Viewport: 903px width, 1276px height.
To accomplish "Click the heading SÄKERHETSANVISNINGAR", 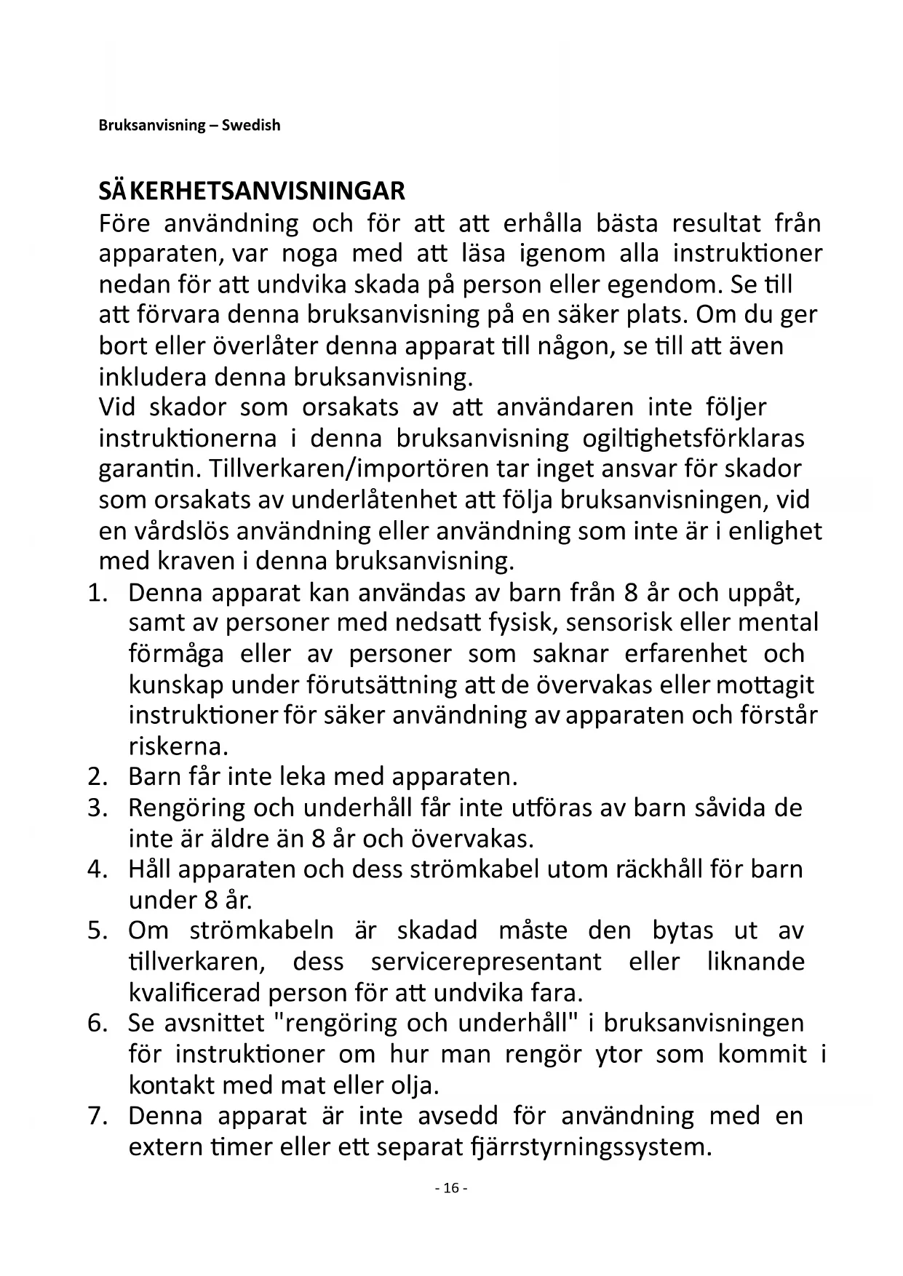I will [252, 191].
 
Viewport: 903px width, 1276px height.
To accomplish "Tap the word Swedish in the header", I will [251, 125].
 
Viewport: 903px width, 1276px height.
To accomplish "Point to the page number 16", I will [451, 1188].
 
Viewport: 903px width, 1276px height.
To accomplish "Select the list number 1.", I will [98, 592].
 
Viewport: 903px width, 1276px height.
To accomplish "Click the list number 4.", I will [98, 869].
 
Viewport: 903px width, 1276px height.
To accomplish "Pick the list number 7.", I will [98, 1115].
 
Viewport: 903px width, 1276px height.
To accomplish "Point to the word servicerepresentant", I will [486, 962].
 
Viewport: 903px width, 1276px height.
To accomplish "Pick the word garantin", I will [149, 468].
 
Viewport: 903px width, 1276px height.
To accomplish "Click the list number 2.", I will [98, 777].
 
